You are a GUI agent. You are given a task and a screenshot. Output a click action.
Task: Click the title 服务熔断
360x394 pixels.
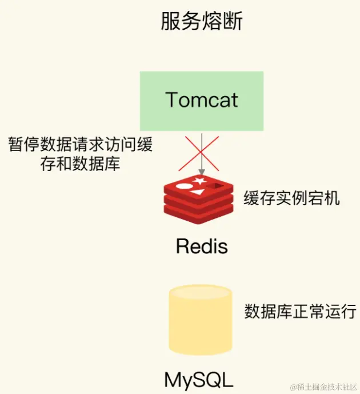(x=202, y=22)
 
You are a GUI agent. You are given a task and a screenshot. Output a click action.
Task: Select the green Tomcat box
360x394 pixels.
(x=202, y=101)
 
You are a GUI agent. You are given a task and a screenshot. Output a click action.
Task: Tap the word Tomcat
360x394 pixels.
(x=202, y=100)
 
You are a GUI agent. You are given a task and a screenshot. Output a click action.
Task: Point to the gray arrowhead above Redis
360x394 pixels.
(x=202, y=172)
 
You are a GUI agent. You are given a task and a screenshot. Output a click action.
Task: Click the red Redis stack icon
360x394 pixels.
(x=198, y=199)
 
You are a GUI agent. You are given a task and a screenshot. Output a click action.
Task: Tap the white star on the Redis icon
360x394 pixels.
(x=200, y=182)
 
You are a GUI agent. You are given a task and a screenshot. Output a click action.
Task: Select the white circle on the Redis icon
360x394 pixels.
(x=184, y=186)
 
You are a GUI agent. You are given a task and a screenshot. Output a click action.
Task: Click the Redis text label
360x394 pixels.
(x=202, y=246)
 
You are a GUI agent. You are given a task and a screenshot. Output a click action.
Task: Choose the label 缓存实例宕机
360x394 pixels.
(x=291, y=198)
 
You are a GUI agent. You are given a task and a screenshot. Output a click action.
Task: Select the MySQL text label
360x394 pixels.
(x=199, y=380)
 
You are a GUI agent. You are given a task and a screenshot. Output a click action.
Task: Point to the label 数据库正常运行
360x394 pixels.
(x=300, y=312)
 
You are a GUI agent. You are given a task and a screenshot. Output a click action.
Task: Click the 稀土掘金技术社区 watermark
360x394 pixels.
(x=323, y=387)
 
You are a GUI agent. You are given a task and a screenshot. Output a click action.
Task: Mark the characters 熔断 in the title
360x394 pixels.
(x=222, y=22)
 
